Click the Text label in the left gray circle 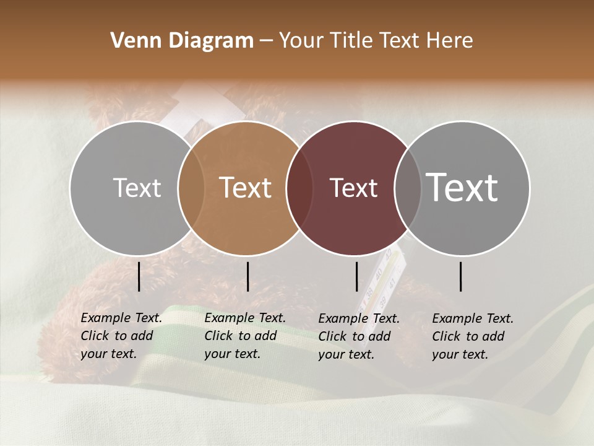coord(137,188)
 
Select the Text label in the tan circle coord(246,188)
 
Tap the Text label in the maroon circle coord(354,188)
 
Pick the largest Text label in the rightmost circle coord(462,188)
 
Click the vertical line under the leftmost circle coord(139,276)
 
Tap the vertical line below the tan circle coord(247,276)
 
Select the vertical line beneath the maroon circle coord(356,276)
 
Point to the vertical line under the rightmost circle coord(461,276)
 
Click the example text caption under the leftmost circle coord(121,336)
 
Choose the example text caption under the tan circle coord(245,336)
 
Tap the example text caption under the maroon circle coord(359,336)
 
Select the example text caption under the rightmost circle coord(473,336)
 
